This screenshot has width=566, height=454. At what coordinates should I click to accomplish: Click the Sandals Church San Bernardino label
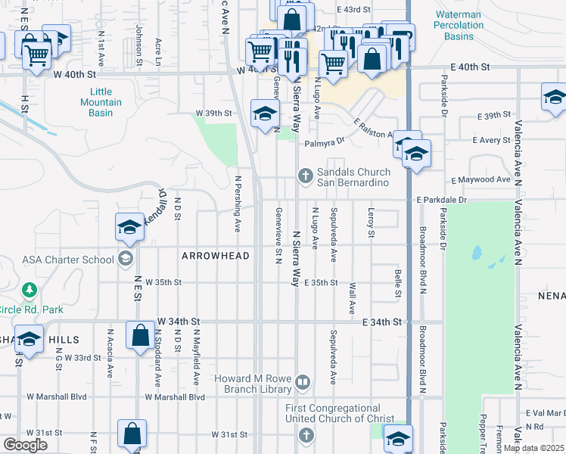click(353, 177)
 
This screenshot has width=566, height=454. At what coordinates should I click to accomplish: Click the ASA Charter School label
click(68, 260)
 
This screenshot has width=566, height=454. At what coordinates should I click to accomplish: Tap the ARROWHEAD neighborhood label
click(216, 256)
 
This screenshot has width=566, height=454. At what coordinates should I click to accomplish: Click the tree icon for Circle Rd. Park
click(30, 290)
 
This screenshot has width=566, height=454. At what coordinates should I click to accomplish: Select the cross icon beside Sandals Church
click(305, 177)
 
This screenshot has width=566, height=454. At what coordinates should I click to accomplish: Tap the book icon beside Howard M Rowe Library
click(303, 381)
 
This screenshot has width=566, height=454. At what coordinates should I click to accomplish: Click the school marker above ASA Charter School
click(129, 226)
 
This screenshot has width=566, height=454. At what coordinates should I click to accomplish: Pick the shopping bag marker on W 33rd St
click(141, 334)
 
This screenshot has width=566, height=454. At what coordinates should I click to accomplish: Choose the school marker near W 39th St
click(265, 113)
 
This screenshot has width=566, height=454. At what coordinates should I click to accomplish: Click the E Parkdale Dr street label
click(442, 200)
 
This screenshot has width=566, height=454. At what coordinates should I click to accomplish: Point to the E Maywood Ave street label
click(481, 180)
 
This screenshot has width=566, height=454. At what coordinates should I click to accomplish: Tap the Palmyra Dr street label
click(325, 142)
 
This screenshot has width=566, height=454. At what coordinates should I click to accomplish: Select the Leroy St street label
click(372, 222)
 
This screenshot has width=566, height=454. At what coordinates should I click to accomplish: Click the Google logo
click(24, 445)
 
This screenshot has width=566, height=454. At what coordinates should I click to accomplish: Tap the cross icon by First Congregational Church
click(305, 435)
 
